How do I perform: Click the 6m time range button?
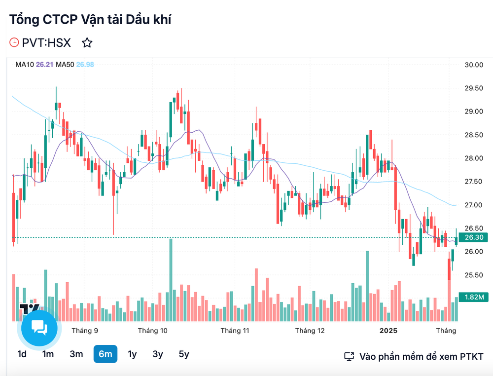coord(105,354)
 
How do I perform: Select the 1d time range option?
coord(22,354)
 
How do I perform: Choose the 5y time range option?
coord(183,354)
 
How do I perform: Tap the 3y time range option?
coord(158,354)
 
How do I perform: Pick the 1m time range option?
coord(48,354)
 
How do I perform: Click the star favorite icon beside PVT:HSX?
coord(87,43)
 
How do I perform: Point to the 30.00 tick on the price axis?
coord(473,65)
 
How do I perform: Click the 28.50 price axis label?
coord(473,135)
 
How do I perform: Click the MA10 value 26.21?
coord(44,64)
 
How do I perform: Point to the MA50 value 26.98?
coord(84,64)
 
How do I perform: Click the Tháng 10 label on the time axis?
coord(152,330)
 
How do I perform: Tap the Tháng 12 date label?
coord(310,330)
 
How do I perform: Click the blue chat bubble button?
coord(39,328)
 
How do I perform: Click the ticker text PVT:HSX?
coord(46,43)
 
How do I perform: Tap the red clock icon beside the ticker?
coord(14,43)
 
